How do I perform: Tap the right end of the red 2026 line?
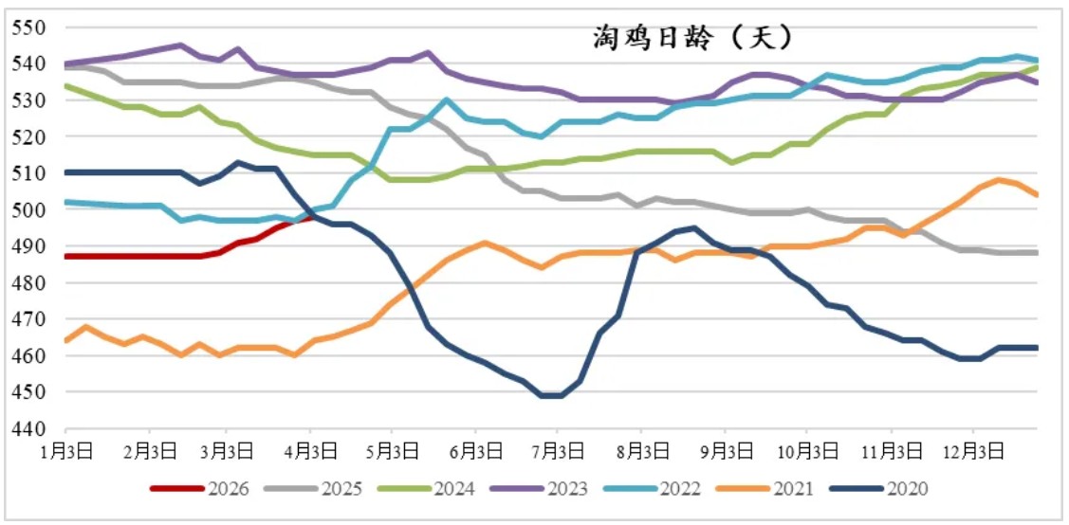pos(312,217)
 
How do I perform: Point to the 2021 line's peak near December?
pos(999,179)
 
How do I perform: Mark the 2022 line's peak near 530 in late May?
pos(446,100)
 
